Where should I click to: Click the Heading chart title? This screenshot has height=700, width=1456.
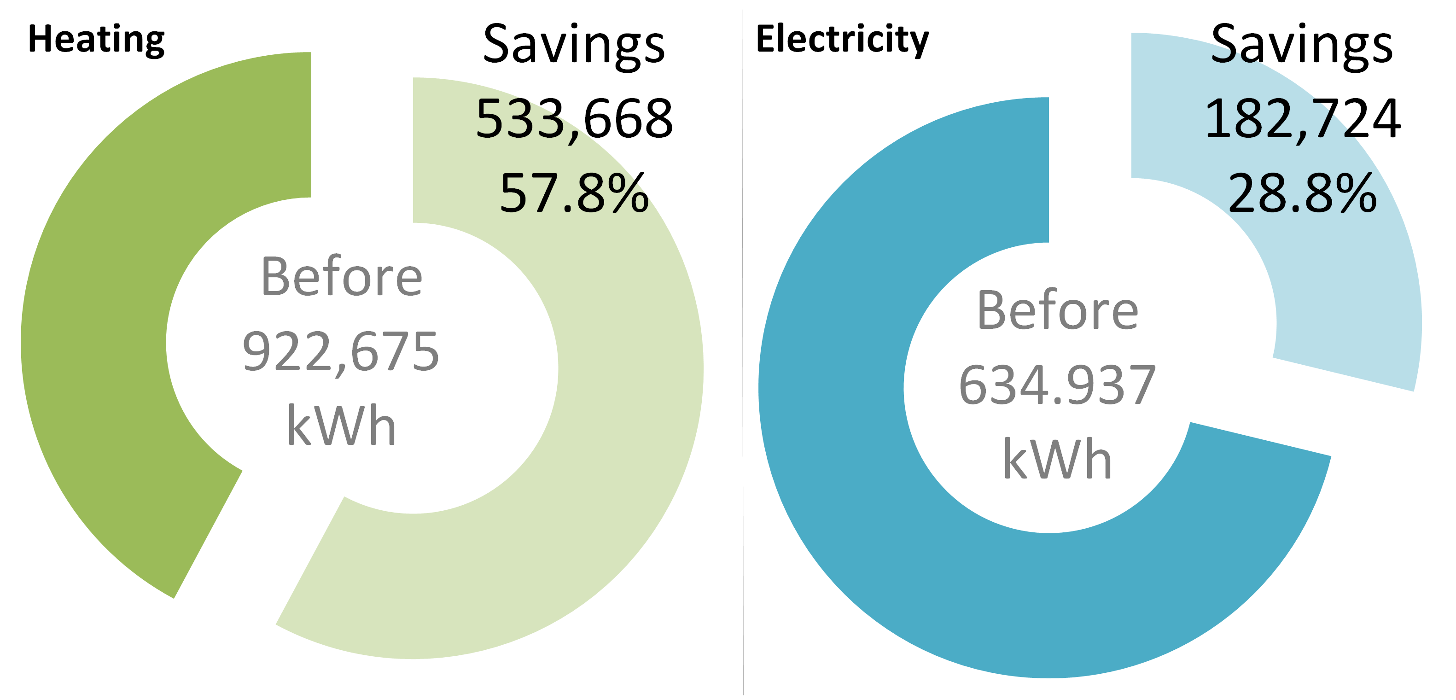click(x=96, y=40)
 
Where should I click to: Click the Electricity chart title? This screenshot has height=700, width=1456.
click(x=842, y=40)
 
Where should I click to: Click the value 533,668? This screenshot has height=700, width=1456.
click(x=574, y=119)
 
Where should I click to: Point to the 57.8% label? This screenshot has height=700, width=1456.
click(x=574, y=194)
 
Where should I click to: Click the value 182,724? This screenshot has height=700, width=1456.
click(x=1302, y=119)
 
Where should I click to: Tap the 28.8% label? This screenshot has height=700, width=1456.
click(x=1302, y=194)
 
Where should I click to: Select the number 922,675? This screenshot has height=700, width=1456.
click(x=341, y=352)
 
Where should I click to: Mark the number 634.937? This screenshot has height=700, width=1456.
click(x=1057, y=385)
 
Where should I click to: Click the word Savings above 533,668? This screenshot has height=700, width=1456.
click(x=574, y=45)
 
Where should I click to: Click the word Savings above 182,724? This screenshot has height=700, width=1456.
click(x=1302, y=45)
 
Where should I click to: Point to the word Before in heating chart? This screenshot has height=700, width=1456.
click(x=341, y=277)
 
